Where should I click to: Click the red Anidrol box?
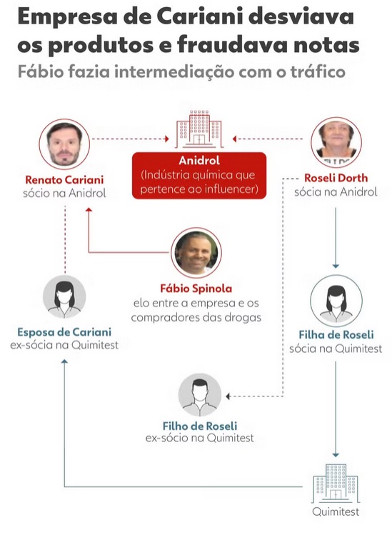coord(199,176)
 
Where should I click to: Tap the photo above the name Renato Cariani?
coord(64,144)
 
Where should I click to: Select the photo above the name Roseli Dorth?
coord(336,142)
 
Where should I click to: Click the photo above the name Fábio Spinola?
coord(196,253)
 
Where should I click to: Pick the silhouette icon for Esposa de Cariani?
coord(64,296)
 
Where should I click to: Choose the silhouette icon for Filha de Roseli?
coord(336,301)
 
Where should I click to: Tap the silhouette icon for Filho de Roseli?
coord(200,395)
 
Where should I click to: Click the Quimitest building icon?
coord(336,483)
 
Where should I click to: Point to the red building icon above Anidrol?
coord(199,129)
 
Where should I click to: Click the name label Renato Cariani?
coord(64,180)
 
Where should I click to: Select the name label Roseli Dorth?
coord(336,178)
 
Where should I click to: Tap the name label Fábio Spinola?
coord(196,289)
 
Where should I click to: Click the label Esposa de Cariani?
coord(64,332)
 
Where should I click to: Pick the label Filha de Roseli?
coord(336,335)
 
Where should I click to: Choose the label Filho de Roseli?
coord(200,426)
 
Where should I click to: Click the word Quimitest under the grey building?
coord(336,511)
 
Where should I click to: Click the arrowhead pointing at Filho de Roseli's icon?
coord(228,396)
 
